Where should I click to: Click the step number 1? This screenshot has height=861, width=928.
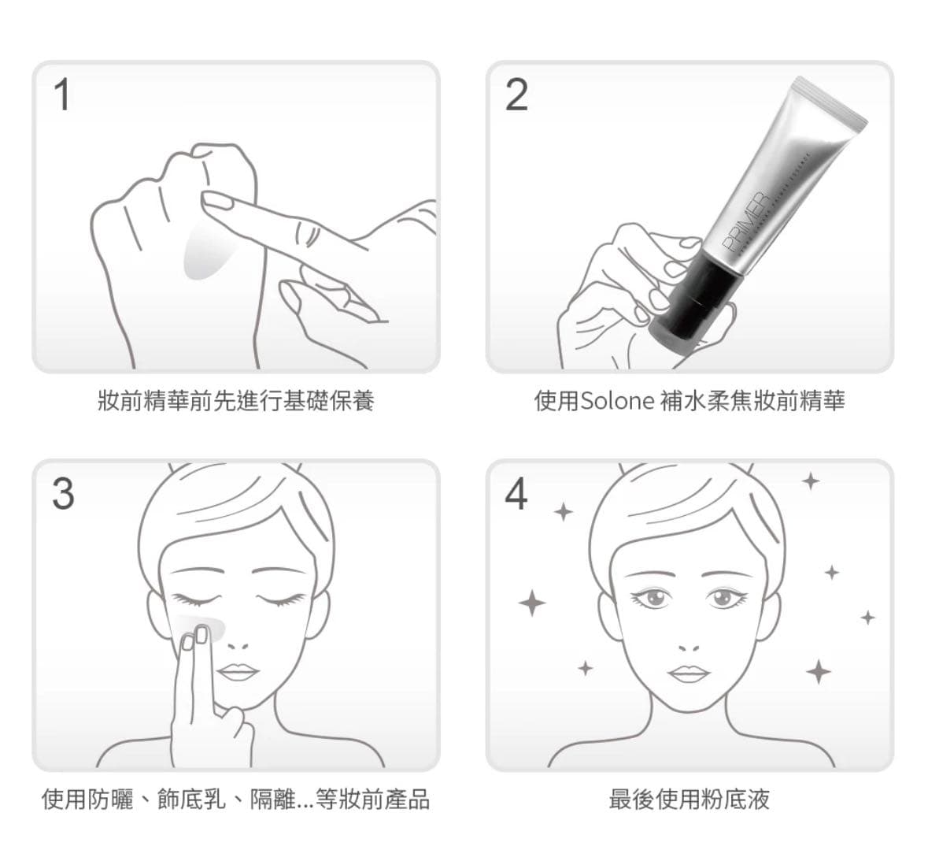(x=62, y=95)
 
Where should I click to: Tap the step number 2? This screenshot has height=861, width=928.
(x=516, y=95)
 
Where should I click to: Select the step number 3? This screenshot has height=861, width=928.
(x=63, y=494)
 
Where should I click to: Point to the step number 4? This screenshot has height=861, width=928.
(x=516, y=494)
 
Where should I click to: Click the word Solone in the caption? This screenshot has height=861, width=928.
(x=617, y=401)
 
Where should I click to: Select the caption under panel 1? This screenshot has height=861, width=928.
(x=235, y=401)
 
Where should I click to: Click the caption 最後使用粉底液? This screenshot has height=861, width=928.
(x=690, y=799)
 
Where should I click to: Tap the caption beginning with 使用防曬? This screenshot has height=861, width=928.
(x=235, y=799)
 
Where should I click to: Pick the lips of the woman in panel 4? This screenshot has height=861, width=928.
(x=690, y=673)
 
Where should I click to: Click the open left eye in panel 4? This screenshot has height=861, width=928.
(x=653, y=598)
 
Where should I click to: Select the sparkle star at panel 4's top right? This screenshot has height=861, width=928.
(x=811, y=481)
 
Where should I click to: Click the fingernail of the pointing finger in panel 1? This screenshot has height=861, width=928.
(x=216, y=199)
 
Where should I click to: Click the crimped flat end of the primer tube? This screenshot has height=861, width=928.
(x=831, y=102)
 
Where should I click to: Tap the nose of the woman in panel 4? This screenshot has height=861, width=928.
(x=689, y=646)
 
